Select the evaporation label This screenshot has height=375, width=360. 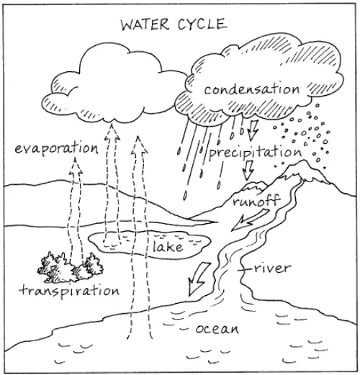[55, 149]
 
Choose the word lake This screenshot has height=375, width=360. [168, 248]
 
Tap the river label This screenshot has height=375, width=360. [271, 268]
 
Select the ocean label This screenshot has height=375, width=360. [216, 330]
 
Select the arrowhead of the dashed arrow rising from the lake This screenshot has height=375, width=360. [112, 130]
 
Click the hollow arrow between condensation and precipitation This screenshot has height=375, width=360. [251, 130]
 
